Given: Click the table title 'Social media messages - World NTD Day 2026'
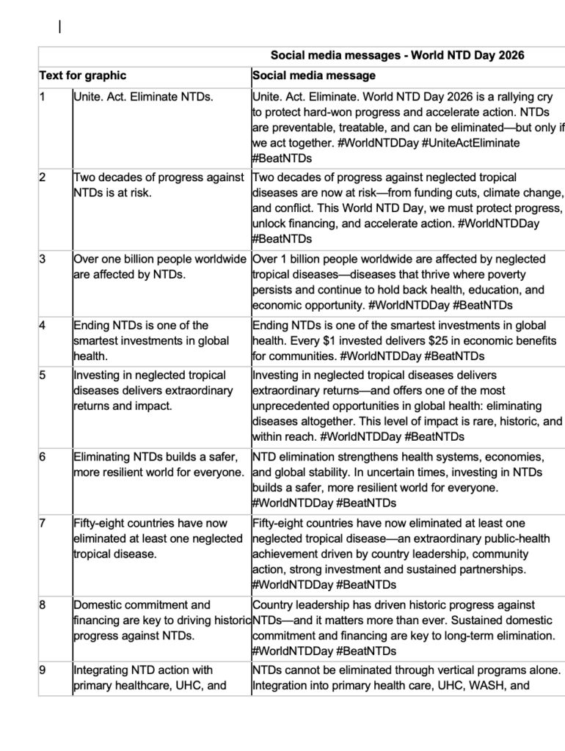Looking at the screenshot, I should pos(397,55).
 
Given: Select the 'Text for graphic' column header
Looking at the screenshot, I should pos(82,76).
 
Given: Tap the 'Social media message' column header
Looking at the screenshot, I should pos(313,76).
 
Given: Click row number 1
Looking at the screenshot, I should pos(43,96).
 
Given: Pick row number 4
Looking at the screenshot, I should pos(43,325).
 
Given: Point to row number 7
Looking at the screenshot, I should pos(43,523).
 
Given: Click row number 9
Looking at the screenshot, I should pos(43,670).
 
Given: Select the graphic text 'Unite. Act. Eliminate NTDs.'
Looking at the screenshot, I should pos(143,96).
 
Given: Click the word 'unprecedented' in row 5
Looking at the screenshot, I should pos(290,406).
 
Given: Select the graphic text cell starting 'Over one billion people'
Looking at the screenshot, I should pos(159,267).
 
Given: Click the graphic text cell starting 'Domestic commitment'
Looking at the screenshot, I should pos(160,620).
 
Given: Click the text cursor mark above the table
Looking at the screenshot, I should pos(59,28).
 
